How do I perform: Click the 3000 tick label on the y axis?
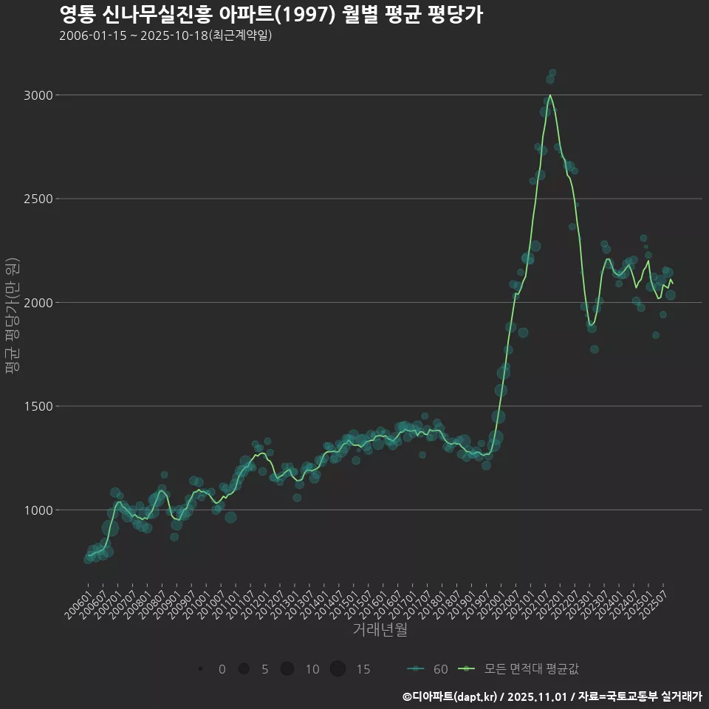(x=39, y=95)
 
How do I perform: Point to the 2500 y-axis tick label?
(x=39, y=199)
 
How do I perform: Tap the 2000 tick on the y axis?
(x=39, y=303)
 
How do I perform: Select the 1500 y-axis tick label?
(x=39, y=406)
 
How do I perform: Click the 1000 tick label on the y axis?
(x=39, y=510)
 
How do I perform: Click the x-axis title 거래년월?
(x=380, y=629)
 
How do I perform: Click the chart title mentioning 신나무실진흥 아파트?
(x=270, y=15)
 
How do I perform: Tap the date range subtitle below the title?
(x=165, y=35)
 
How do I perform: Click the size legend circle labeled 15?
(x=338, y=669)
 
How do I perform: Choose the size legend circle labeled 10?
(x=287, y=669)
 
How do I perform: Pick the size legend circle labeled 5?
(x=243, y=669)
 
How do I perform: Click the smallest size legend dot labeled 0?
(x=200, y=669)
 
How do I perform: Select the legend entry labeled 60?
(x=428, y=669)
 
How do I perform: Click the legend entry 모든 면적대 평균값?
(x=518, y=669)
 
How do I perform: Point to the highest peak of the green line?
(x=550, y=95)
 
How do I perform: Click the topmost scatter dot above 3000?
(x=552, y=73)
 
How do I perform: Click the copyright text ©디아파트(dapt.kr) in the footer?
(x=451, y=696)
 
